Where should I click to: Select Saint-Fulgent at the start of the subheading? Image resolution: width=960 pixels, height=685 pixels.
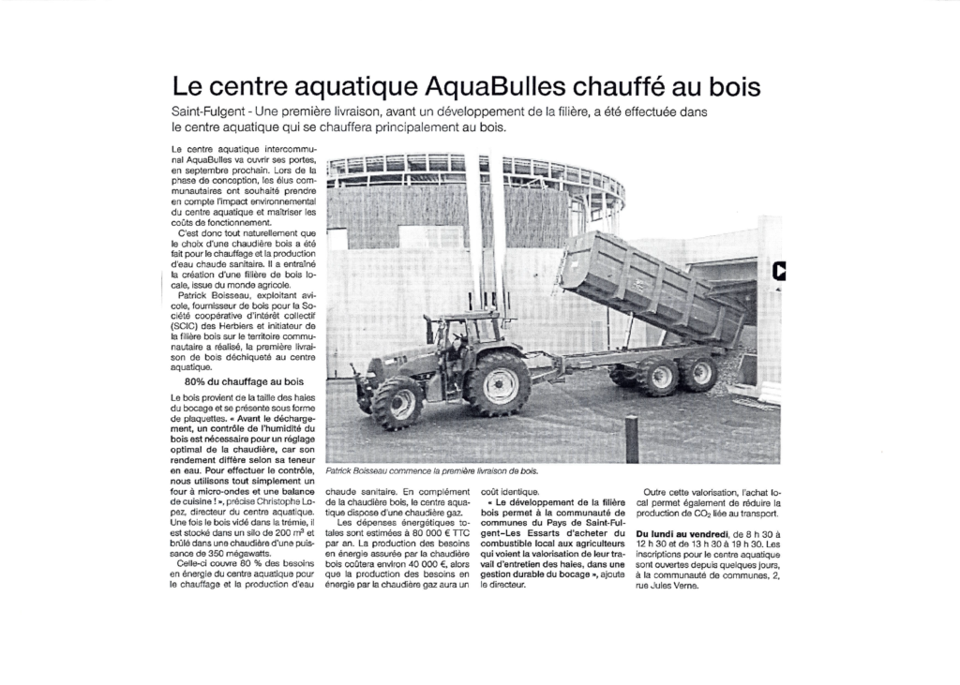pos(203,112)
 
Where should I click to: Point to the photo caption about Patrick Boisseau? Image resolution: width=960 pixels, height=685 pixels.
pos(432,471)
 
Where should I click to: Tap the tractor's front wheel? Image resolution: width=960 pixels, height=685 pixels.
pos(397,402)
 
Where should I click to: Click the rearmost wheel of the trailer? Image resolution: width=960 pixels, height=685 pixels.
pos(697,373)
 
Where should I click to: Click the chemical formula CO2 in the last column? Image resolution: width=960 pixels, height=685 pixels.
pos(726,513)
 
